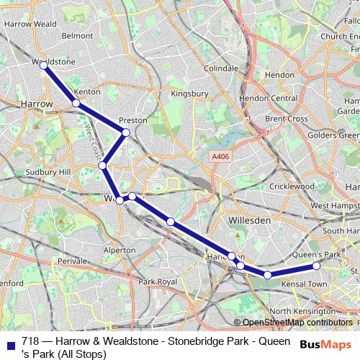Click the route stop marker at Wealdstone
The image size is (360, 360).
(x=44, y=66)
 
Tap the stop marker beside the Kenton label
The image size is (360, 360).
(x=76, y=103)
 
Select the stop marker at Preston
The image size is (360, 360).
(x=126, y=132)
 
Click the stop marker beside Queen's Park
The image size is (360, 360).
(x=316, y=266)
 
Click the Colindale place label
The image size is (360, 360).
(x=220, y=68)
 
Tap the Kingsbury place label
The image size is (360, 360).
(x=189, y=94)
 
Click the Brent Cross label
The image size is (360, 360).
(x=286, y=119)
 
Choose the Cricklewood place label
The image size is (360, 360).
(x=292, y=186)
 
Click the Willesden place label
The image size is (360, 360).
(x=248, y=219)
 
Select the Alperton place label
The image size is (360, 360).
(x=120, y=249)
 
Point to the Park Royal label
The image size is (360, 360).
(x=158, y=281)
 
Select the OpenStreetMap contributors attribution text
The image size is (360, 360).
(x=297, y=323)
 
